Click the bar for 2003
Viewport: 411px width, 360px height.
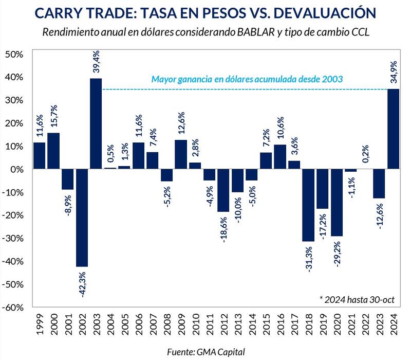(x=96, y=123)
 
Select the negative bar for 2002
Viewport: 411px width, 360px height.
(x=82, y=218)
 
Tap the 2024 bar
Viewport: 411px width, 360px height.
(x=393, y=129)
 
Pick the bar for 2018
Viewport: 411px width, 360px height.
(x=308, y=205)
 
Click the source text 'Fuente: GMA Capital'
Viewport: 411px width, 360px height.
(x=205, y=351)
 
